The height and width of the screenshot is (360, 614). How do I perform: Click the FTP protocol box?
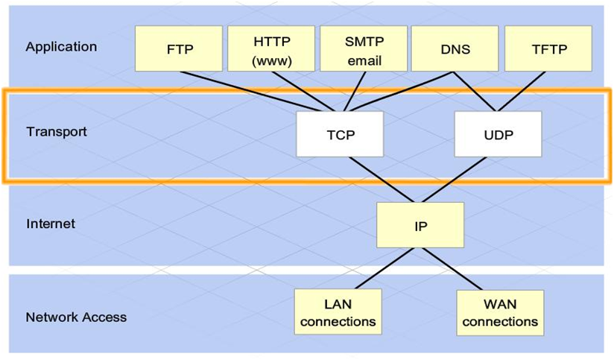[179, 49]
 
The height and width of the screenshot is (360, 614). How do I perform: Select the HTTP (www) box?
[271, 49]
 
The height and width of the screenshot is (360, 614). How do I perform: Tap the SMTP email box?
[364, 49]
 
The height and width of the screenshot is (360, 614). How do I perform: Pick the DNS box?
[455, 49]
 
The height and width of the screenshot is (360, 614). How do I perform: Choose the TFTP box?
[548, 49]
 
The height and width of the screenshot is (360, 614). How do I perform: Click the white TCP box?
[340, 135]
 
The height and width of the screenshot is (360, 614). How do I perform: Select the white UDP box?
[498, 135]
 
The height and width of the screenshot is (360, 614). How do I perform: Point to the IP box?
[420, 225]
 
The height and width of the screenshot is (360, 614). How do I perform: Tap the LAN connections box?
[338, 312]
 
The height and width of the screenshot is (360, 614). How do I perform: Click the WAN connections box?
[499, 312]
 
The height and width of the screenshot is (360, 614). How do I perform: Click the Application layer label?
[61, 46]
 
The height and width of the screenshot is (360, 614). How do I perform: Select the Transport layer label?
[57, 131]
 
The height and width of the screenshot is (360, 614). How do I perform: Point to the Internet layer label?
[51, 224]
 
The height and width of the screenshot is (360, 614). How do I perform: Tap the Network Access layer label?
[76, 317]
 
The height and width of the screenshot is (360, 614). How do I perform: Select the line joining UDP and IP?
[460, 180]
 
